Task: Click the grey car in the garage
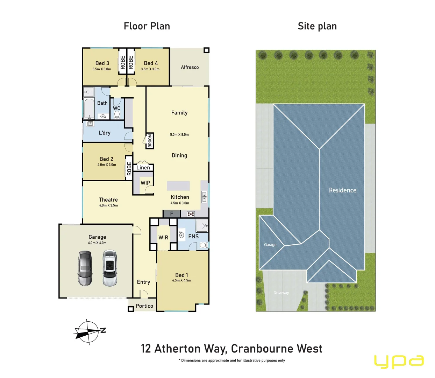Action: pos(85,268)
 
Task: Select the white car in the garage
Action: pos(109,268)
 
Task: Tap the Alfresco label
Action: pos(190,67)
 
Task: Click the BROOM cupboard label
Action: pos(150,141)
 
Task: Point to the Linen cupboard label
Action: pos(143,168)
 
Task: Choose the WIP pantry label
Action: pos(145,183)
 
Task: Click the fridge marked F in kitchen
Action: pos(172,213)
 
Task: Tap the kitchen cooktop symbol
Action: pos(191,214)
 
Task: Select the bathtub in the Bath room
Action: pos(89,109)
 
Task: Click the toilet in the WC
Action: pos(117,114)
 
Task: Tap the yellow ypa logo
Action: pos(399,361)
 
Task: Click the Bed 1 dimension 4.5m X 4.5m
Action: pos(181,280)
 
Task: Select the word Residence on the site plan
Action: pos(342,190)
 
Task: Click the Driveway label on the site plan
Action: pos(281,293)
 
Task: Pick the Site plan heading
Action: pos(317,26)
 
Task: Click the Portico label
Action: pos(144,306)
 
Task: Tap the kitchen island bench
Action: pos(178,186)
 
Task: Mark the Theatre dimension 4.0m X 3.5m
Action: pos(108,205)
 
